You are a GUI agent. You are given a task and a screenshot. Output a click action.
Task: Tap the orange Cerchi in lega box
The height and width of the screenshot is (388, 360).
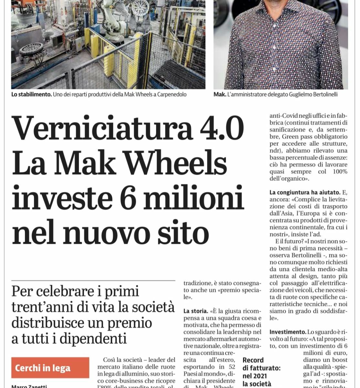coord(50,368)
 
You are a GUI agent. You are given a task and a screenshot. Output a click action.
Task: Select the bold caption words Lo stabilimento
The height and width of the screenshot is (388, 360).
coord(31,95)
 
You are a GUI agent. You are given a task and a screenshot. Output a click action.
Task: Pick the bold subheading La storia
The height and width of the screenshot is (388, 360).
coord(196,311)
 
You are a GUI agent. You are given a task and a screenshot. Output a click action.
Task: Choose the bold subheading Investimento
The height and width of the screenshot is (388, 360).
coord(288,332)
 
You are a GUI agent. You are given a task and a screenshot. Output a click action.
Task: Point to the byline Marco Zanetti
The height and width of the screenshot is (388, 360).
coord(29,386)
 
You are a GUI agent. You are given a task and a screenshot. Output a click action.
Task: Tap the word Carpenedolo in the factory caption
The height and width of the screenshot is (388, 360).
coord(171,95)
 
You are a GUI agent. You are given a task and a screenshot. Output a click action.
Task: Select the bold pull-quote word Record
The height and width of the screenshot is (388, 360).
coord(253,360)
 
